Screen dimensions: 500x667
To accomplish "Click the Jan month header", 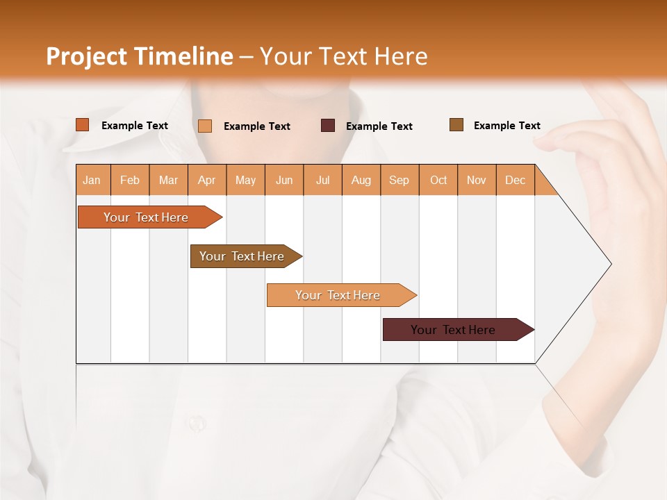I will [92, 180].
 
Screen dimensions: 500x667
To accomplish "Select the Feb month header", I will [130, 180].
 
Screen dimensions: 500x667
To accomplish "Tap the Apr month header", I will [206, 180].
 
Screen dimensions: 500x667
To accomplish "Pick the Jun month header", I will [284, 180].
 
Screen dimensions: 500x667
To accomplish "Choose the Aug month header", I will [361, 180].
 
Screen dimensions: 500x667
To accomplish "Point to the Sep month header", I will [399, 180].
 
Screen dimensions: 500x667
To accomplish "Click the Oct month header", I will [438, 180].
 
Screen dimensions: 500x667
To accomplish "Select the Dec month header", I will [515, 180].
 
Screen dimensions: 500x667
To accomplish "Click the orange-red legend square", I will [83, 125].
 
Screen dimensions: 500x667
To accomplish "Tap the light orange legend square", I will [205, 126].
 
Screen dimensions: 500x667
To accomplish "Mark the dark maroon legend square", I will [328, 126].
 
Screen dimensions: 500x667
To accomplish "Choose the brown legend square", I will [456, 125].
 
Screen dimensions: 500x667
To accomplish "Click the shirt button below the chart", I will [197, 422].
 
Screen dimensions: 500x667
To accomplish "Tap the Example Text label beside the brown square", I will [507, 126].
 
